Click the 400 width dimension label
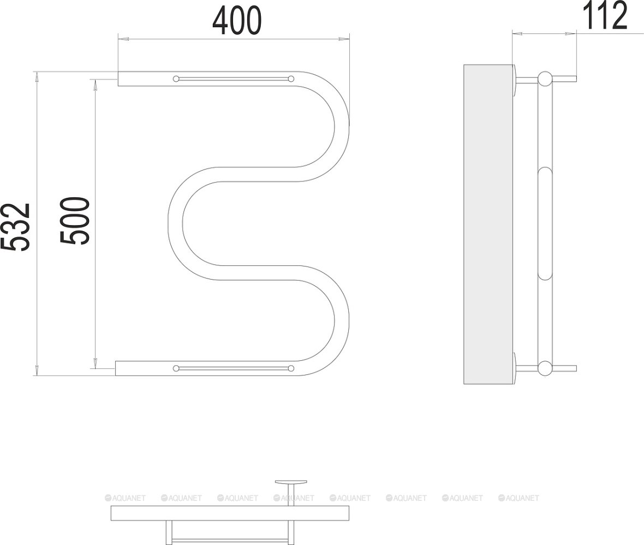tap(236, 21)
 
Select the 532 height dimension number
tap(15, 227)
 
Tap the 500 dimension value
tap(75, 221)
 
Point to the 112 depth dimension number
tap(605, 15)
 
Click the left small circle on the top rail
tap(176, 78)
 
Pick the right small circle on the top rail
tap(291, 78)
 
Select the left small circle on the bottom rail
tap(176, 368)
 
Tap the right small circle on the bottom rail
tap(291, 368)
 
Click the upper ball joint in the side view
tap(545, 78)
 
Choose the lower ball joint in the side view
tap(545, 368)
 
